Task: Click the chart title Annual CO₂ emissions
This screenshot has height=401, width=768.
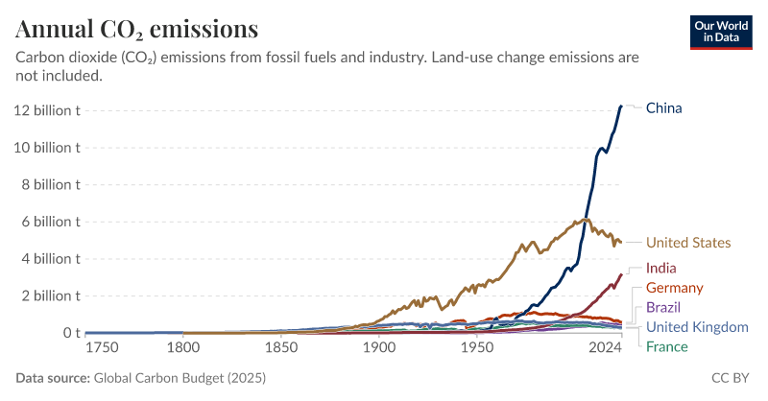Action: click(136, 28)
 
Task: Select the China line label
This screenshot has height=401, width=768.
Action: click(663, 107)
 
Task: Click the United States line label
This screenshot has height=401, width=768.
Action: click(688, 243)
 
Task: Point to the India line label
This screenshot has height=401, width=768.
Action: click(662, 268)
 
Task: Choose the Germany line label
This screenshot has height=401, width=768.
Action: click(675, 288)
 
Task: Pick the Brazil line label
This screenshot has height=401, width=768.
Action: click(663, 308)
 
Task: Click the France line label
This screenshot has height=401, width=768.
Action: click(666, 346)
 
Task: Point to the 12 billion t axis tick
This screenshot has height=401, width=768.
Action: click(45, 110)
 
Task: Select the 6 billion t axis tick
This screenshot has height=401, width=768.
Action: click(49, 222)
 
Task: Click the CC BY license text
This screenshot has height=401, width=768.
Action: click(731, 378)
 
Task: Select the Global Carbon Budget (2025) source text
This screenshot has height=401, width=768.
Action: click(179, 378)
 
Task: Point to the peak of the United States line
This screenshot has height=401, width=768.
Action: click(584, 220)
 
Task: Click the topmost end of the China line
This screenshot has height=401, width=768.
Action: click(621, 106)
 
